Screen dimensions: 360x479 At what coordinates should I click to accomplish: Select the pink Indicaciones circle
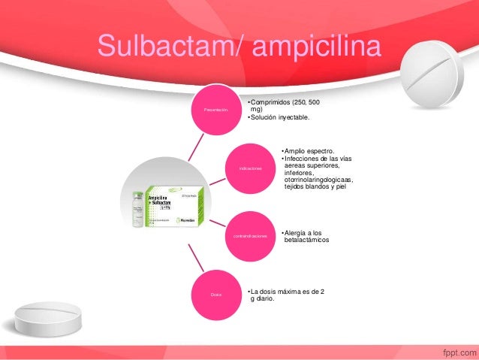tap(250, 168)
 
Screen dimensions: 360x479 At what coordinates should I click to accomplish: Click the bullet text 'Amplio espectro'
tap(309, 150)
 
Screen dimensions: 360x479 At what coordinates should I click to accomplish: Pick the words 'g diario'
tap(262, 298)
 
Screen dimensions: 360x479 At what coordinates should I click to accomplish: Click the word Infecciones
tap(303, 158)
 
